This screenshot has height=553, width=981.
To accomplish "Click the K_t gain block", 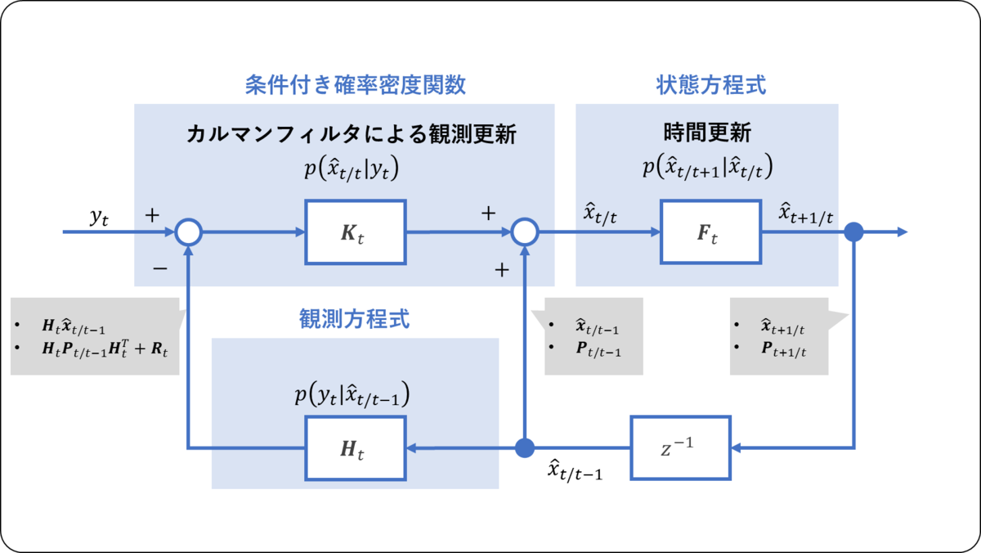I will (356, 232).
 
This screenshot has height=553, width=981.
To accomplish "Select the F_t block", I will (710, 232).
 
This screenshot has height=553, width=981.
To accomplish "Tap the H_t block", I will (356, 448).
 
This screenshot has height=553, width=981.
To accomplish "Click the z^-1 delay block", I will (680, 447).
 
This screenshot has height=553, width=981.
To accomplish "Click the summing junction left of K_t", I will (188, 232).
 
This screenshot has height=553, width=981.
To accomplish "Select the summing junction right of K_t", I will (524, 232).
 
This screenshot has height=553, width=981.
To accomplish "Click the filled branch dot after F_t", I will (853, 232).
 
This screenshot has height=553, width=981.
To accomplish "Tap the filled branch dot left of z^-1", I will (524, 448).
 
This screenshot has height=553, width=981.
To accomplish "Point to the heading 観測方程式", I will (355, 319).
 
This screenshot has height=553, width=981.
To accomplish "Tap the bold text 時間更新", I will (708, 133).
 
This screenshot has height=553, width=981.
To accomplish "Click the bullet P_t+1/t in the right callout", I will (782, 349).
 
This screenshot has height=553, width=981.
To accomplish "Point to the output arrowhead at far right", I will (902, 232).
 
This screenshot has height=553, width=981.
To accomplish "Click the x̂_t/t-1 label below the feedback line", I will (575, 470).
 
